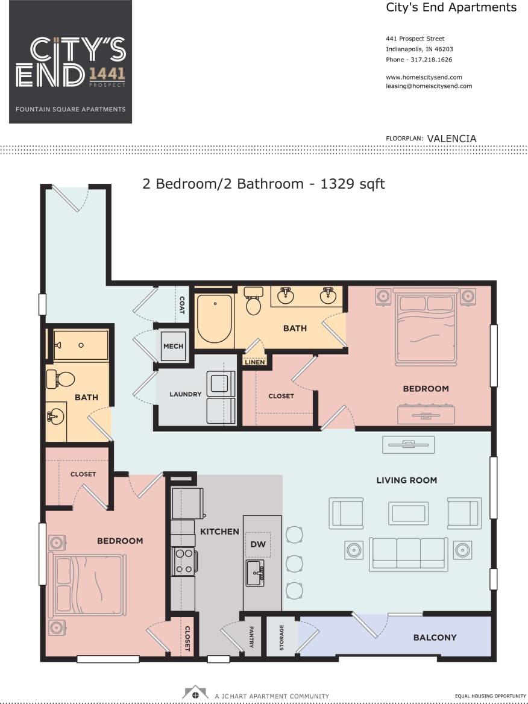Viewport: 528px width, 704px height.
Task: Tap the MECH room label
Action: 174,347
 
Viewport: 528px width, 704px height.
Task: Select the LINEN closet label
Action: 255,362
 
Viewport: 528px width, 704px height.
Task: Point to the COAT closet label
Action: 181,305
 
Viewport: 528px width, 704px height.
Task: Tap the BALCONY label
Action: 435,637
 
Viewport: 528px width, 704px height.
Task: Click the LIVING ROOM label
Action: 406,480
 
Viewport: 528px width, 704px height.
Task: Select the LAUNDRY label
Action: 186,394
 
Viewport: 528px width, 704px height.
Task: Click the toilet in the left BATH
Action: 61,379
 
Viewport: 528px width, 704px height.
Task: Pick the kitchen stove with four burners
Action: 183,561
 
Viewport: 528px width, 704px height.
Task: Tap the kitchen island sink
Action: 254,571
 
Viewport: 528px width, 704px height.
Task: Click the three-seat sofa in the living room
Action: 408,553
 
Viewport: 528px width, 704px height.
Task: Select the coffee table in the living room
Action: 408,513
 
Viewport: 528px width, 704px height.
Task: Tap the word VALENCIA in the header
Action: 451,139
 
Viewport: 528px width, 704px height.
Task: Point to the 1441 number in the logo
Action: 107,74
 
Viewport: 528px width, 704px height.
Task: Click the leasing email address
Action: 429,86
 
